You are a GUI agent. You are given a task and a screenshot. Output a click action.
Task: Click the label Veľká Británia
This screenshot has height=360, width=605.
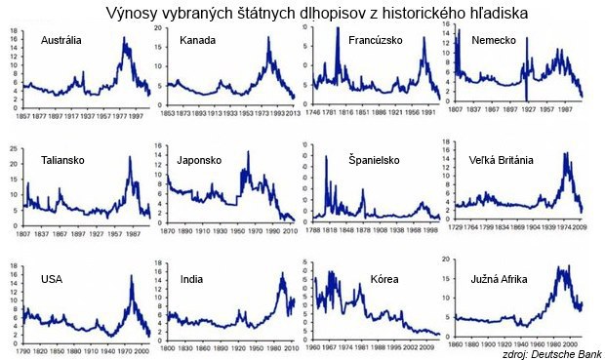(501, 159)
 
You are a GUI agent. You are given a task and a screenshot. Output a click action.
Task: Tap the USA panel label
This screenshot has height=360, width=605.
(52, 279)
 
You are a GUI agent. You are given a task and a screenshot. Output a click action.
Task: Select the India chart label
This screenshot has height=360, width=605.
(191, 279)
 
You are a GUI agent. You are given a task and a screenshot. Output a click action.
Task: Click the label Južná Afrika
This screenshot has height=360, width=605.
(500, 279)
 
